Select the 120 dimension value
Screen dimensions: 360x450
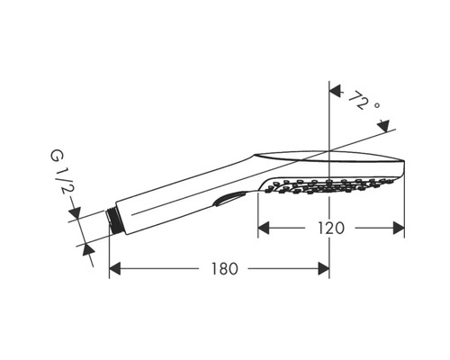331,229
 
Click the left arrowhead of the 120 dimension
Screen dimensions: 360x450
264,229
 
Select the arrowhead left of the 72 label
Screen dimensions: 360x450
336,91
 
